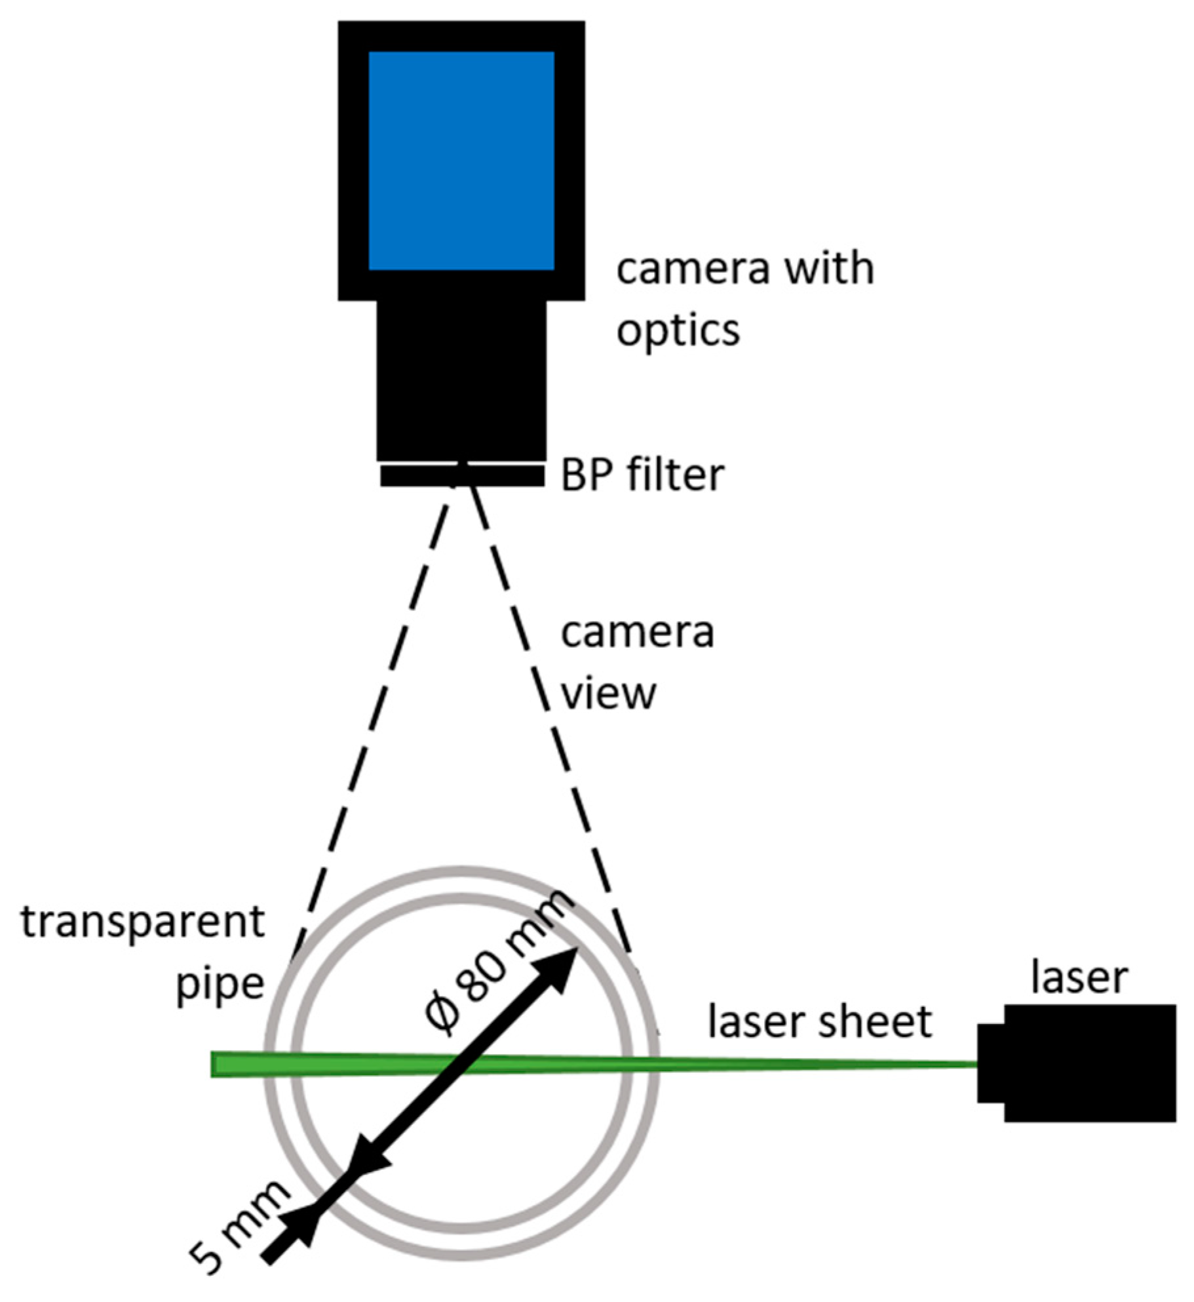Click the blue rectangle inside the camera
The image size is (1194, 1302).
461,161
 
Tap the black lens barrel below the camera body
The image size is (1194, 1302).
461,380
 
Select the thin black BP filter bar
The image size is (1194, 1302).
461,477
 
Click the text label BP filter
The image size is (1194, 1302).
642,475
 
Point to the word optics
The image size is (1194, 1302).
678,330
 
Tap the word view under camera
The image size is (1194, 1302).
608,693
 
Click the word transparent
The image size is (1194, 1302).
143,923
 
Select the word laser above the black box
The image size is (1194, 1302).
1079,977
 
